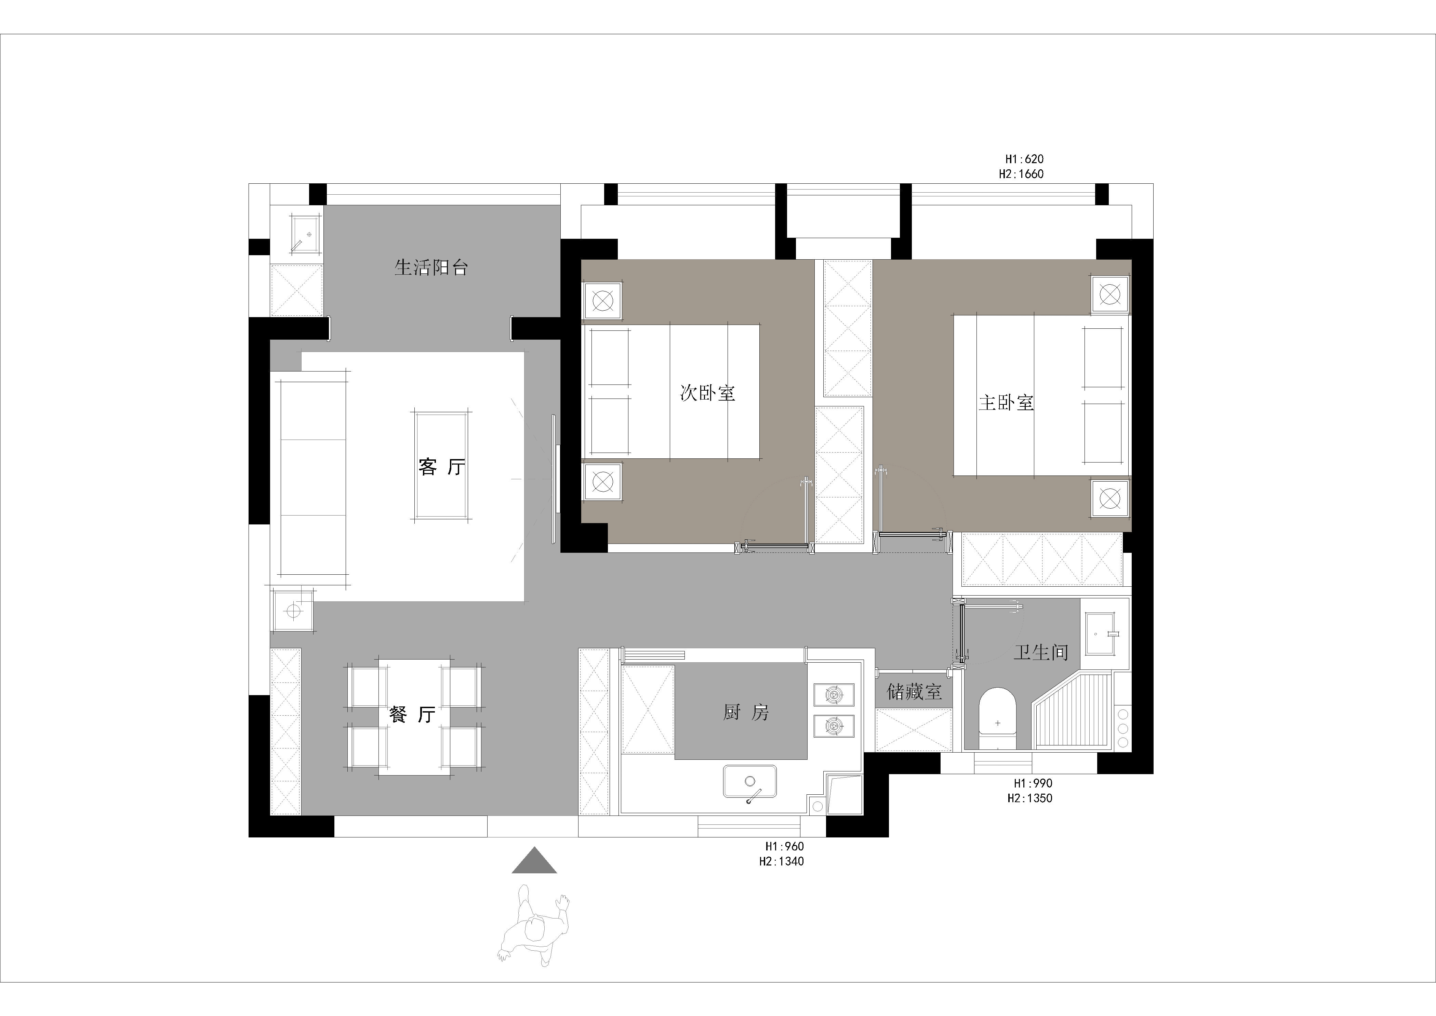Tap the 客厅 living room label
(441, 467)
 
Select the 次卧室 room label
(707, 393)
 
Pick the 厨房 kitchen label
(746, 712)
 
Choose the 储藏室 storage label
(914, 691)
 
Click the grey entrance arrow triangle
(534, 860)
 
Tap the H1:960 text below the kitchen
(784, 846)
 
